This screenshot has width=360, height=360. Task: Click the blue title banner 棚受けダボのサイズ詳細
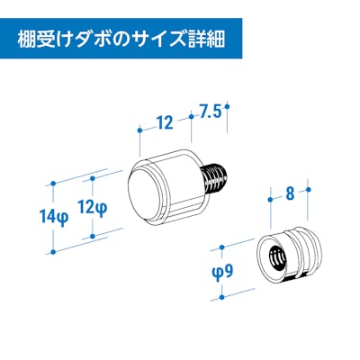[121, 39]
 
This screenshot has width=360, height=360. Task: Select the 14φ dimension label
[54, 218]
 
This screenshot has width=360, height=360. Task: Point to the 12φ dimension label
[92, 208]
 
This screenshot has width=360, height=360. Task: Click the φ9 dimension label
[222, 272]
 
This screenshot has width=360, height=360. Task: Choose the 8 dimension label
[290, 194]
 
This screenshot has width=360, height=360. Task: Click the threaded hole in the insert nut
[277, 257]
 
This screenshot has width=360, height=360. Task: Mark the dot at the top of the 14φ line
[53, 183]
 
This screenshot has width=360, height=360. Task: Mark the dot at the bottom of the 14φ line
[53, 252]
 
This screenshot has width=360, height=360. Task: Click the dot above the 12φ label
[93, 178]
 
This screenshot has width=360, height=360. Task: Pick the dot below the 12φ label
[93, 236]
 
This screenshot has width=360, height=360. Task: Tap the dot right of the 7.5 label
[227, 106]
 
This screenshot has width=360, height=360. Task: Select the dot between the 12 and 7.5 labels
[191, 116]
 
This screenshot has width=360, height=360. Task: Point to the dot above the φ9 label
[222, 247]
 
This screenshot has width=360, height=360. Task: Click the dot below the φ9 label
[222, 297]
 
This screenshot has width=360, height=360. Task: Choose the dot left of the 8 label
[270, 200]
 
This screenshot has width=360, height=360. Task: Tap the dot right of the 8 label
[309, 189]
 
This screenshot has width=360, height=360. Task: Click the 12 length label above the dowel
[166, 123]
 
